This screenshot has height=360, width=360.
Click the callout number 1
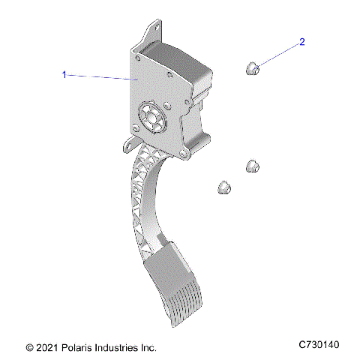pyautogui.click(x=64, y=74)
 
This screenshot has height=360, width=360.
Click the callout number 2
pyautogui.click(x=302, y=43)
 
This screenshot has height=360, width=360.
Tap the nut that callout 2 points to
pyautogui.click(x=253, y=70)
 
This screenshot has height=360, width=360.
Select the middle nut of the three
pyautogui.click(x=253, y=165)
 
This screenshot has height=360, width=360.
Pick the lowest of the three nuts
pyautogui.click(x=222, y=187)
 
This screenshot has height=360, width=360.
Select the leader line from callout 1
pyautogui.click(x=101, y=76)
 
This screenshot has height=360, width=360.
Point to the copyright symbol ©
pyautogui.click(x=29, y=348)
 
